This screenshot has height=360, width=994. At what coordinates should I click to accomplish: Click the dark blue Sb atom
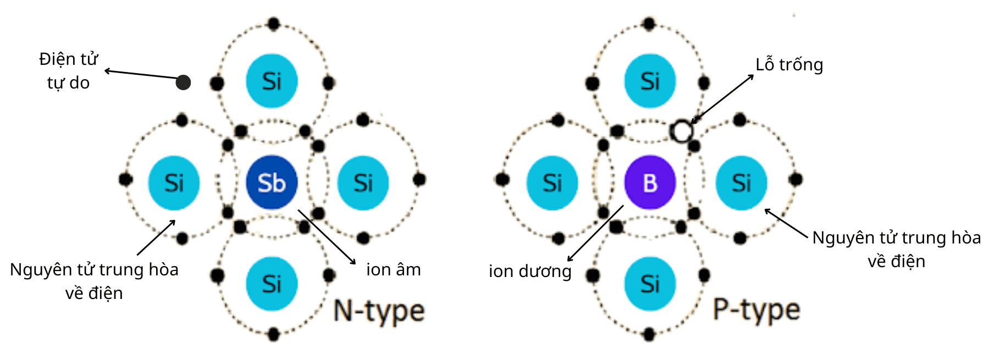click(272, 182)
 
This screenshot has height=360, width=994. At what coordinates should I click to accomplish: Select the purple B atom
click(650, 182)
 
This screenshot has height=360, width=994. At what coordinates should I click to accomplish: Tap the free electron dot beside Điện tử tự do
click(183, 82)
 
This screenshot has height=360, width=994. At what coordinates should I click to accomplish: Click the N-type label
click(379, 312)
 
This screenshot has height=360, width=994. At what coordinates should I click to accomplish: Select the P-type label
click(756, 311)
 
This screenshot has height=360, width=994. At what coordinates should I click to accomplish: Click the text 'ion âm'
click(393, 270)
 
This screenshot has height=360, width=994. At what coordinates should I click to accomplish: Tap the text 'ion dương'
click(530, 271)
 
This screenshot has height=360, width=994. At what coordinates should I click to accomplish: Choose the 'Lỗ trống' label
click(789, 65)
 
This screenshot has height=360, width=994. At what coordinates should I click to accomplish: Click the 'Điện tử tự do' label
click(68, 71)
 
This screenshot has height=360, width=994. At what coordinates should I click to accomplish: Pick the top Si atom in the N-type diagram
click(272, 81)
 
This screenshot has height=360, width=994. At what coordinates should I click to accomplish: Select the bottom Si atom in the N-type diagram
click(272, 284)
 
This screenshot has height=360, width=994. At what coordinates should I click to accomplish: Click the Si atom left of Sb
click(174, 183)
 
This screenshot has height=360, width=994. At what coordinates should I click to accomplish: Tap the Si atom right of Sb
click(363, 183)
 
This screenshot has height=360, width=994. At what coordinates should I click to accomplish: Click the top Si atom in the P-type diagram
click(650, 81)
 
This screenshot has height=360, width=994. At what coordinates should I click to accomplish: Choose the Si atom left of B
click(552, 183)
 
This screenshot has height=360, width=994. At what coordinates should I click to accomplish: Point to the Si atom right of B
click(741, 183)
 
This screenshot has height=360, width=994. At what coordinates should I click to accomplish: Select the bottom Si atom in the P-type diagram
click(650, 284)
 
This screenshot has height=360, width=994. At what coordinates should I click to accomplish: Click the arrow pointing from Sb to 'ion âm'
click(327, 237)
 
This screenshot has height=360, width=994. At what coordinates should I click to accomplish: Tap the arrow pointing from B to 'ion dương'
click(596, 233)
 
